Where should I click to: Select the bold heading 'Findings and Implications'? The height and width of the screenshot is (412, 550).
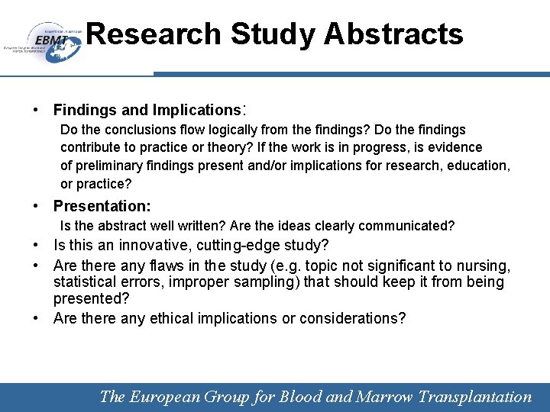147,110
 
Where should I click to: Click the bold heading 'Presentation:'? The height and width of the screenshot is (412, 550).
102,206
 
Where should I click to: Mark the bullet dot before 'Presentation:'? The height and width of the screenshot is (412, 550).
37,206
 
